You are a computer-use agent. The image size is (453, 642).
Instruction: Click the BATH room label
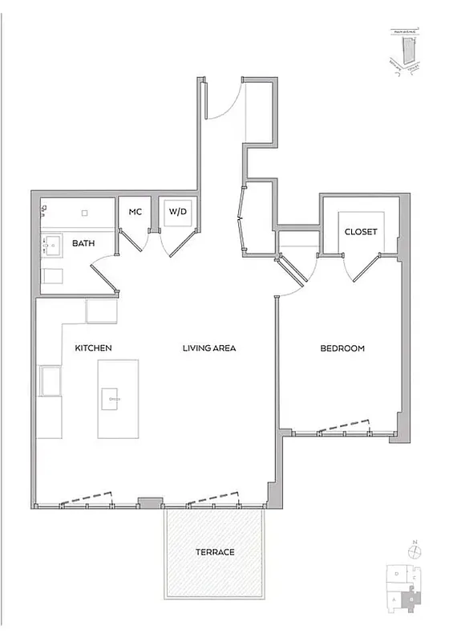(85, 243)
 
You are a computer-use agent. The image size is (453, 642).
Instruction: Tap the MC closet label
(135, 212)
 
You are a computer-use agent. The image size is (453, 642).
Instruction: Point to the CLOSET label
(360, 232)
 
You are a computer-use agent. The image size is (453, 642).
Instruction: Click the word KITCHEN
(93, 348)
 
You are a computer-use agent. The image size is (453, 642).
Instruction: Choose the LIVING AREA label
(208, 348)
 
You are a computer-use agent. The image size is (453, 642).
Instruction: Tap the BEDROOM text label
(342, 348)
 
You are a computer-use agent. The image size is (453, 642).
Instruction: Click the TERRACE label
(215, 552)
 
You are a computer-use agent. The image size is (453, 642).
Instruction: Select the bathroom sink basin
(54, 244)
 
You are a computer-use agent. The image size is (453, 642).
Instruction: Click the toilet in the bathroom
(51, 277)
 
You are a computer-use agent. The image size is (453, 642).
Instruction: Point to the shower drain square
(84, 213)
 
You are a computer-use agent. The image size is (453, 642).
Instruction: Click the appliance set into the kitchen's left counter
(51, 381)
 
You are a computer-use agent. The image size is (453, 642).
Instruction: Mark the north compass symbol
(414, 551)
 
